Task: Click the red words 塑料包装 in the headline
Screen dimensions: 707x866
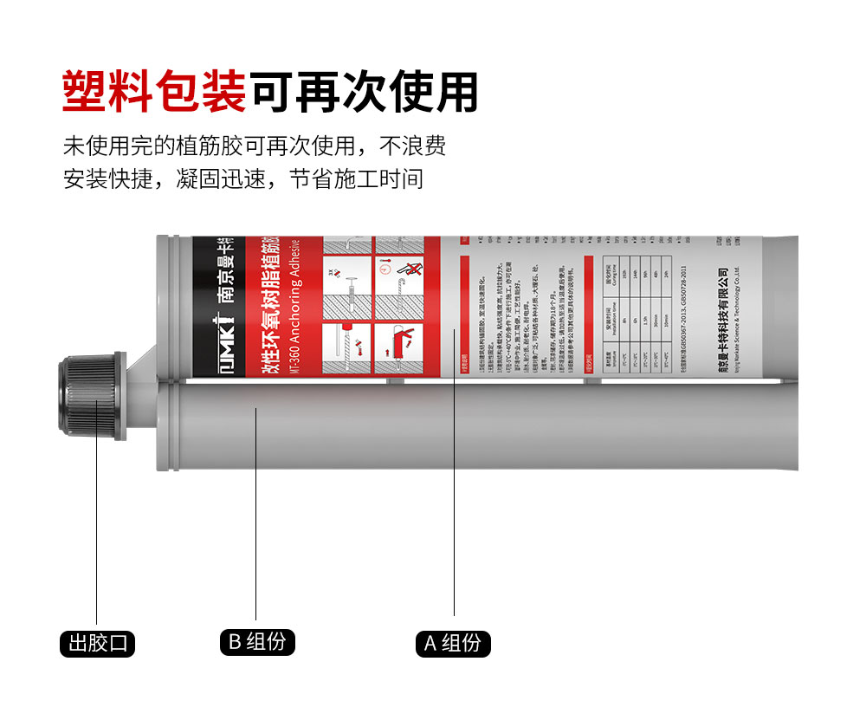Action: [155, 90]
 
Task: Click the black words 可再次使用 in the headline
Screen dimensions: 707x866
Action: [364, 90]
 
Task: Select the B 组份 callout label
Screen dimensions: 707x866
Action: [256, 642]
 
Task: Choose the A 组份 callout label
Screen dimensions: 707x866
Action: [454, 644]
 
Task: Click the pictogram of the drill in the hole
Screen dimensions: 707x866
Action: [346, 347]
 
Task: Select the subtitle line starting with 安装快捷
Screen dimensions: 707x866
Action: [243, 179]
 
